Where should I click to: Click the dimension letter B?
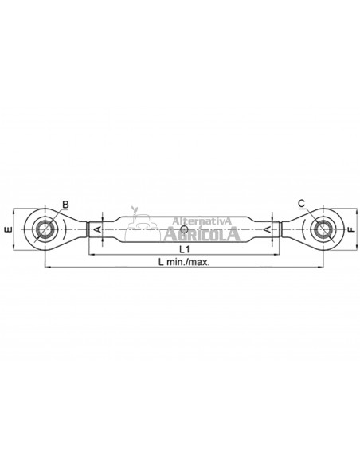tap(65, 205)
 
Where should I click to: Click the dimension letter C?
tap(301, 204)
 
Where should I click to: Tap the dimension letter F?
tap(351, 229)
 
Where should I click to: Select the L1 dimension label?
tap(184, 249)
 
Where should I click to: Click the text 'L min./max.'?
tap(184, 262)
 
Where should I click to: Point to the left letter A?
tap(97, 229)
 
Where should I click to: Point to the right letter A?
tap(267, 229)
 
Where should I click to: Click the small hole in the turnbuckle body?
tap(184, 229)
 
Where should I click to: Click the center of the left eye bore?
tap(45, 229)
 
